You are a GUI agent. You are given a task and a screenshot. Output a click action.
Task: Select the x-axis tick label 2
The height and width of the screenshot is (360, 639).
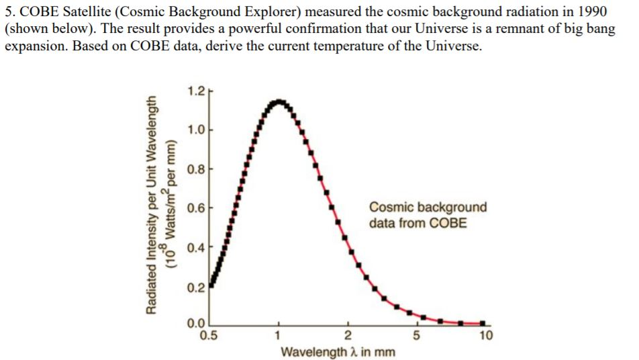348,335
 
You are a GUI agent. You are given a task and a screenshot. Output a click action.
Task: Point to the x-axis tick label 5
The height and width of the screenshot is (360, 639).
416,335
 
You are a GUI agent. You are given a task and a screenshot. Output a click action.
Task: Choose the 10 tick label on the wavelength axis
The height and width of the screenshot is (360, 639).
487,335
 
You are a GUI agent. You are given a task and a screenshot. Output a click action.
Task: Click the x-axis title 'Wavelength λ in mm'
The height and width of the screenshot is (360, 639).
338,351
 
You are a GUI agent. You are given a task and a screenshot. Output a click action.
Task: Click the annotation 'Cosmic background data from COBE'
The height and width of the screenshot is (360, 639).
428,215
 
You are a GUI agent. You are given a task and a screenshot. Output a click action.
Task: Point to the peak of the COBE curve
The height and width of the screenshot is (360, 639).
278,101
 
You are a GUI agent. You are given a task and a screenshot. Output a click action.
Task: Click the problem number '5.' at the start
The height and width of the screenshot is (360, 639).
10,12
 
